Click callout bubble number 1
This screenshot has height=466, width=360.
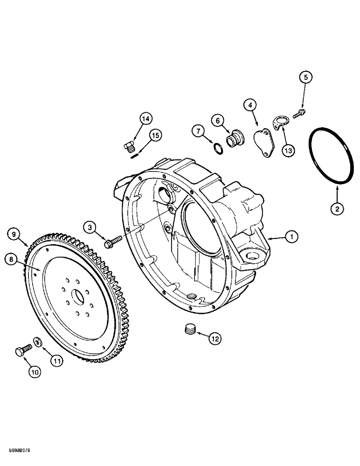(292, 238)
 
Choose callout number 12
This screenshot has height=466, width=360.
(214, 340)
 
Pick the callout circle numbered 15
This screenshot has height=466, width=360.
(155, 136)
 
